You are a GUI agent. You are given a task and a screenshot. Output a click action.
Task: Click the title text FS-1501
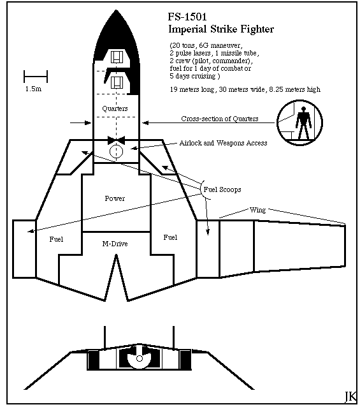(x=187, y=17)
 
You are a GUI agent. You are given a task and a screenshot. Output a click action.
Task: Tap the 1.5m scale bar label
(x=33, y=89)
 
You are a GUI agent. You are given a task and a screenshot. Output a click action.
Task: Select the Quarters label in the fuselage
(x=115, y=108)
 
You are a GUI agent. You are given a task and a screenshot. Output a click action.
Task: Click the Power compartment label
(x=115, y=198)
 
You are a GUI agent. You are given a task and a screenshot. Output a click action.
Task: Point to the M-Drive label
(x=115, y=244)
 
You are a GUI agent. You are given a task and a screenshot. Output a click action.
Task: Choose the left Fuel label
(x=56, y=239)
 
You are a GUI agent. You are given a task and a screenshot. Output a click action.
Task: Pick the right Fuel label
(x=170, y=237)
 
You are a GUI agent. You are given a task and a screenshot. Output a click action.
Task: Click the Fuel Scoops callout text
(x=222, y=189)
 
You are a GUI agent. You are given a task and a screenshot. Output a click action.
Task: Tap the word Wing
(x=257, y=210)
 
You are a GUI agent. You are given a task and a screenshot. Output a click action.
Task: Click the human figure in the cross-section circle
(x=303, y=122)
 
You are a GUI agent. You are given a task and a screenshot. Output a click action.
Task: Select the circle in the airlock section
(x=116, y=151)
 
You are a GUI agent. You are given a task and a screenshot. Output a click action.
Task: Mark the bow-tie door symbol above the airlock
(x=116, y=140)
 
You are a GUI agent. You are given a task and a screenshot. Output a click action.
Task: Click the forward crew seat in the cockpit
(x=117, y=57)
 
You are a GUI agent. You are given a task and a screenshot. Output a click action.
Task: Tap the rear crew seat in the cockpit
(x=117, y=82)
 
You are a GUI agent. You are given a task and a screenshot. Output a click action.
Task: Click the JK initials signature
(x=350, y=396)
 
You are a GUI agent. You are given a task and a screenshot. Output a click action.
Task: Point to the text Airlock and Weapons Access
(x=223, y=143)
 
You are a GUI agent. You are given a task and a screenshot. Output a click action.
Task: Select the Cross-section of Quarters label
(x=220, y=119)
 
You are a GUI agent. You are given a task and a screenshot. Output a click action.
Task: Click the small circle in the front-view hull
(x=140, y=359)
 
